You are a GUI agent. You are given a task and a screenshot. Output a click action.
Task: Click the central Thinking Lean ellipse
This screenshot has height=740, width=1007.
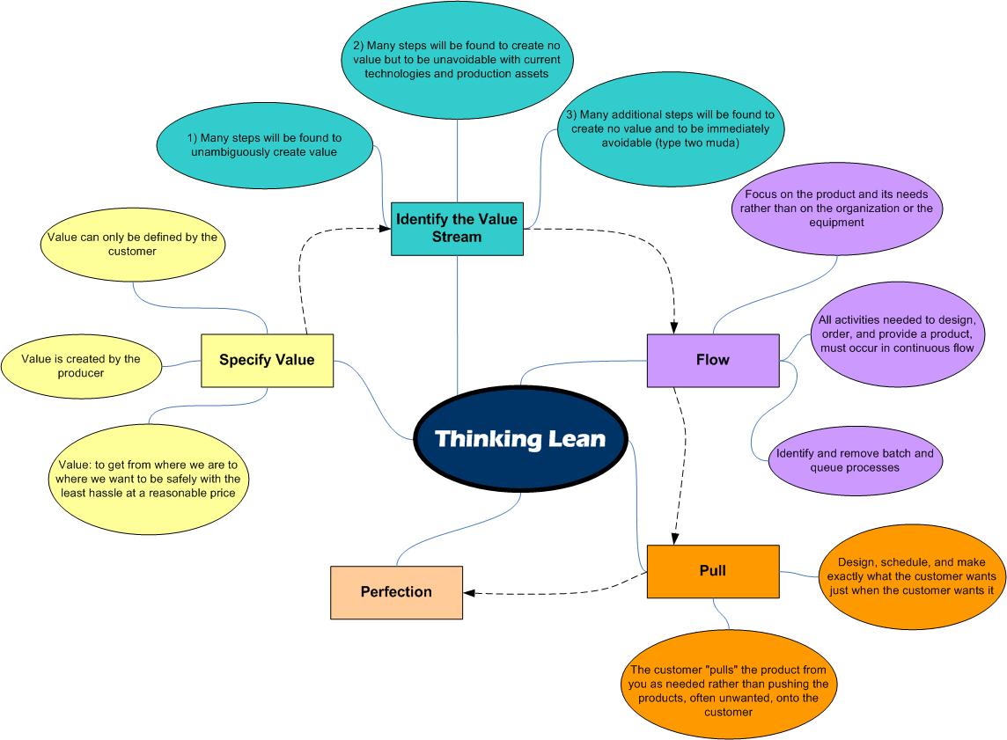520,438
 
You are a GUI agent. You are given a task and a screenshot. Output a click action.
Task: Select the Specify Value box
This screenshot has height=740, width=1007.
267,360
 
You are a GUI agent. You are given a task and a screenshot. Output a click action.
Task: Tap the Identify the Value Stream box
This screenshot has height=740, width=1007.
457,228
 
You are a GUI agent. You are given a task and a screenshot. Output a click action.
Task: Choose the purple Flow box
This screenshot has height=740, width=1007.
712,360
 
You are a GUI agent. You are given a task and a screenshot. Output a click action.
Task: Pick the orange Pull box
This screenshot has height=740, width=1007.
712,571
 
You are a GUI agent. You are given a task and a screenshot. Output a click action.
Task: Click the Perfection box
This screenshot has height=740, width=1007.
396,592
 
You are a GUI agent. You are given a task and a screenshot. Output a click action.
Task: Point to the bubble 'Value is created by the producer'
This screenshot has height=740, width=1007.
81,366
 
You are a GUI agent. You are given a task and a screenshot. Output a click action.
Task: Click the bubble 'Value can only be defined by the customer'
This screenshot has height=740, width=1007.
131,245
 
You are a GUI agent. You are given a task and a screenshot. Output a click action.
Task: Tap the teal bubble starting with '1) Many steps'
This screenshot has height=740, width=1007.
265,145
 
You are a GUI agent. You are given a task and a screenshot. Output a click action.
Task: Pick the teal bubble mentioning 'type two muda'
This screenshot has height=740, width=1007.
670,128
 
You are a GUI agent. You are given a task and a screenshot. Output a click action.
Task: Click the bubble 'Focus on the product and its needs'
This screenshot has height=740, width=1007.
836,209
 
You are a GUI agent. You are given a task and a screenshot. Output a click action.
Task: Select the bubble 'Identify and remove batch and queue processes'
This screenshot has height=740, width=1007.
855,460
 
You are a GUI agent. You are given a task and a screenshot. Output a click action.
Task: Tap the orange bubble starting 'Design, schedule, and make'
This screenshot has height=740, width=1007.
909,576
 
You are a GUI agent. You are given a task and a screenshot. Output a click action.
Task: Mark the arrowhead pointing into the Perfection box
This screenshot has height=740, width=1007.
468,593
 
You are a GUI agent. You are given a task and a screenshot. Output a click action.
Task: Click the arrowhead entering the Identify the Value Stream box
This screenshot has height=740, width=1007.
386,228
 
